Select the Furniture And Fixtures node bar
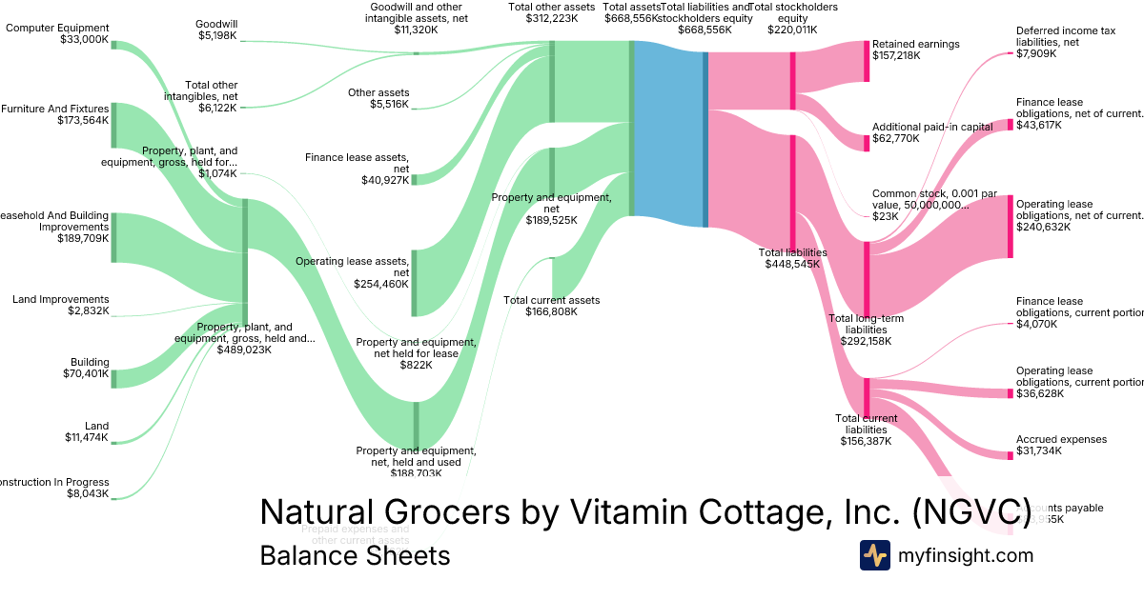(112, 126)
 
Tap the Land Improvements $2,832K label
(61, 305)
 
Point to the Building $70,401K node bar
(112, 379)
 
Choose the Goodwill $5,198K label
(216, 30)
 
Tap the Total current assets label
(551, 306)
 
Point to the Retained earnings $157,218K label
(915, 50)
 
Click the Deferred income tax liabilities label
(1065, 42)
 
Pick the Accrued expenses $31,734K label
(1061, 446)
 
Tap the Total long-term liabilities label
(865, 330)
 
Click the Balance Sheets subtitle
(355, 555)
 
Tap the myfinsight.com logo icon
(875, 555)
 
